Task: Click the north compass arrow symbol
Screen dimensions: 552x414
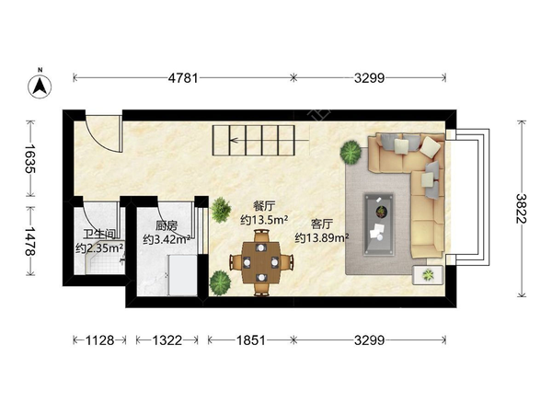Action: click(40, 86)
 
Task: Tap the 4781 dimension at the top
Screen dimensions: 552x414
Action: click(183, 78)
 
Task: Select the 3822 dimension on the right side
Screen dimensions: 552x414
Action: click(522, 209)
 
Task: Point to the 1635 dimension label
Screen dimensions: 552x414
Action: click(30, 158)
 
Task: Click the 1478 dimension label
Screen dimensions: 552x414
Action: click(30, 241)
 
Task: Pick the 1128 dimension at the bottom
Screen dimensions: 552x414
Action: click(100, 340)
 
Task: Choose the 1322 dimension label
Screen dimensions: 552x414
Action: click(167, 340)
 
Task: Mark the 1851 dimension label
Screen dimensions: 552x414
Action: click(251, 340)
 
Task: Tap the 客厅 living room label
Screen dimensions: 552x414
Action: click(322, 224)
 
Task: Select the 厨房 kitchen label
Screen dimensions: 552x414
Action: click(167, 225)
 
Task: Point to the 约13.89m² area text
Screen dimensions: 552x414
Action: click(322, 238)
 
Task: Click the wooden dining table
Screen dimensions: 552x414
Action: click(261, 262)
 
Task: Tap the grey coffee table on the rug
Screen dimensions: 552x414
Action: click(379, 224)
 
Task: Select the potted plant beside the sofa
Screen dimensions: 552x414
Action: click(351, 152)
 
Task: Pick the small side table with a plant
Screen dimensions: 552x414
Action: click(428, 274)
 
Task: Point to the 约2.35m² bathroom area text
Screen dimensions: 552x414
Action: click(99, 248)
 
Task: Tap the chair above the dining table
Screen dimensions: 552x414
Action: click(261, 236)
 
